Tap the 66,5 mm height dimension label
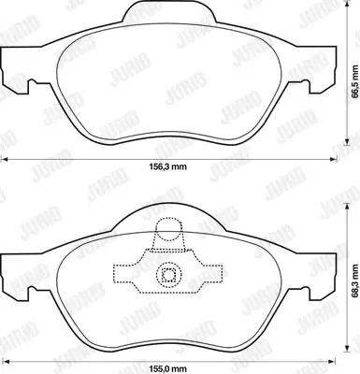pyautogui.click(x=354, y=81)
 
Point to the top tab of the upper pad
pyautogui.click(x=170, y=13)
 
